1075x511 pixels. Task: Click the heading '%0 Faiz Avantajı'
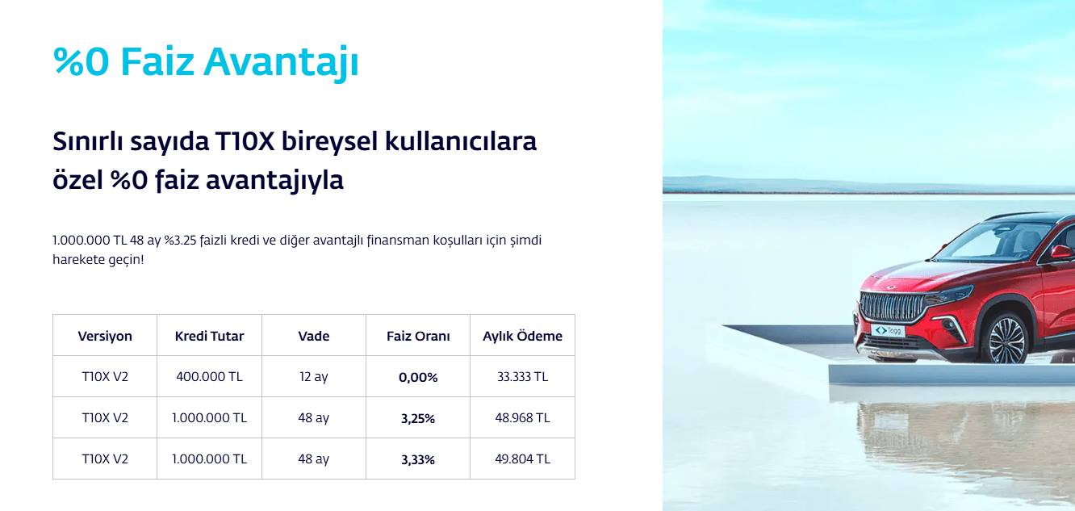coord(206,62)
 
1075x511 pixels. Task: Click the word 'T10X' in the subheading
coord(245,141)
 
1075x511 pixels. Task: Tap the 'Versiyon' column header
coord(105,336)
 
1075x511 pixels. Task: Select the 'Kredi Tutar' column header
coord(209,336)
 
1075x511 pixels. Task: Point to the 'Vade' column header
coord(314,336)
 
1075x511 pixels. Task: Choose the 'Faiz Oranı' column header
coord(418,336)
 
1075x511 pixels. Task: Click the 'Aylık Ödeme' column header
coord(523,336)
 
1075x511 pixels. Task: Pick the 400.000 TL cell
coord(209,377)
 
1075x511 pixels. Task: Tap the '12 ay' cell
coord(314,377)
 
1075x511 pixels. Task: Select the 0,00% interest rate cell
coord(418,378)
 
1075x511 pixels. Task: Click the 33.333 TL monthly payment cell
coord(523,377)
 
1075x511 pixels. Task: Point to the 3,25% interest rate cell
coord(418,419)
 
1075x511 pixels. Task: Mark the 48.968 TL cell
coord(523,418)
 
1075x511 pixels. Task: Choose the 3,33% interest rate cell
coord(418,460)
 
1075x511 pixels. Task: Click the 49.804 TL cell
coord(523,459)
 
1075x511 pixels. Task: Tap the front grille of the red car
coord(892,306)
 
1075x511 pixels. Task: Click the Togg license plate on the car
coord(888,331)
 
